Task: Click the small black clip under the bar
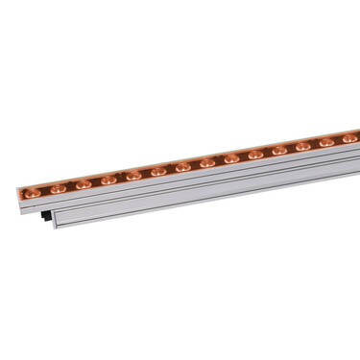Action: pyautogui.click(x=45, y=218)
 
